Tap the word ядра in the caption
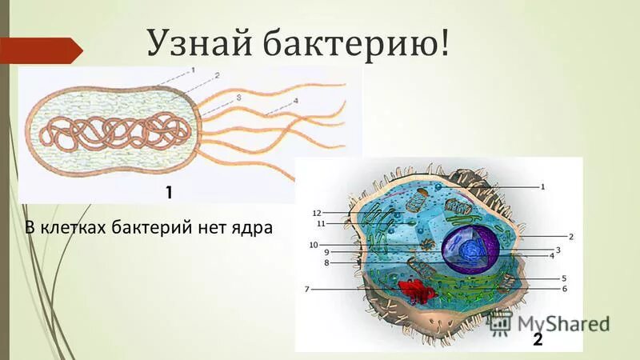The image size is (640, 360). click(x=254, y=228)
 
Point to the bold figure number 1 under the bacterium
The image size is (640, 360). click(x=169, y=192)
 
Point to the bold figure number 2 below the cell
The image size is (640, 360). click(x=538, y=340)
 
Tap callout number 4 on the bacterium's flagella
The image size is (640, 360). click(x=295, y=101)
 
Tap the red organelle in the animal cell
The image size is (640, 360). click(x=415, y=291)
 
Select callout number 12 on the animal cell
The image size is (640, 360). click(x=316, y=214)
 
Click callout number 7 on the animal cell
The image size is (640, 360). click(x=306, y=288)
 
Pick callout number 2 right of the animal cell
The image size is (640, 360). click(x=571, y=237)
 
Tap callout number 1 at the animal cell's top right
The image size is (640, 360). click(x=542, y=186)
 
